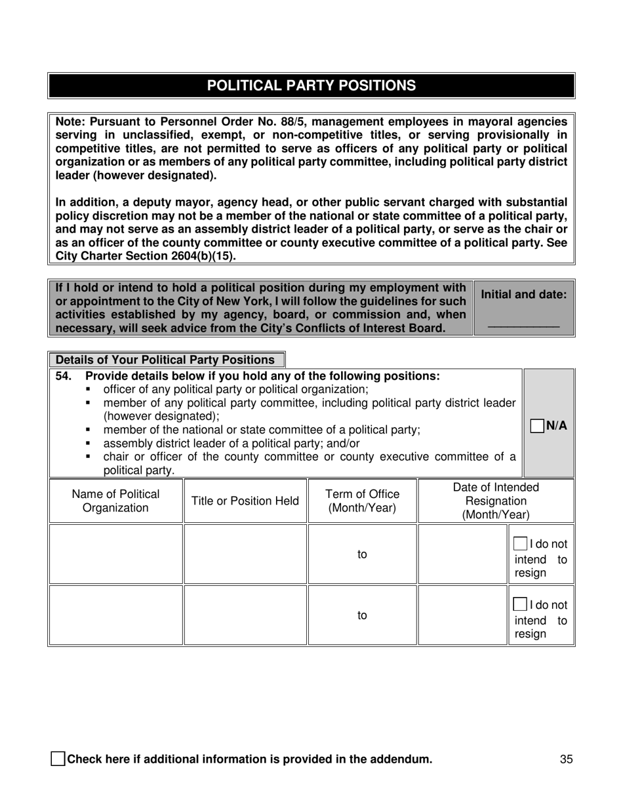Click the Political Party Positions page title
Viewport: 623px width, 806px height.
point(311,86)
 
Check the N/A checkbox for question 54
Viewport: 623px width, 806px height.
point(536,426)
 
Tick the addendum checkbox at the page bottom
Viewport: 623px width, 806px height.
point(58,759)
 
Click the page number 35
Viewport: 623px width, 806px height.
point(567,759)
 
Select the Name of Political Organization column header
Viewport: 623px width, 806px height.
point(115,501)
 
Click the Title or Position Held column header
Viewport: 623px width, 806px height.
point(245,501)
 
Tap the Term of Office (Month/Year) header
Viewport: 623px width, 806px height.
point(362,501)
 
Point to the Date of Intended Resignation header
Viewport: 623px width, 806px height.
point(496,501)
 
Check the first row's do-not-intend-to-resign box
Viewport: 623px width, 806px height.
point(519,544)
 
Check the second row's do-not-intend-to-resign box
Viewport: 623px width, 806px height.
point(519,605)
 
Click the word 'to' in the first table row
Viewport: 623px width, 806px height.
point(362,554)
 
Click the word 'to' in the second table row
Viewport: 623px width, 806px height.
point(362,615)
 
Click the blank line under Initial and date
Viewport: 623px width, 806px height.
point(523,326)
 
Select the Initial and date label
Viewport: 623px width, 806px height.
point(523,295)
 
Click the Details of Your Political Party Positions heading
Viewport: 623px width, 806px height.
point(165,360)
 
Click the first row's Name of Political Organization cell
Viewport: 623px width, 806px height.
point(115,554)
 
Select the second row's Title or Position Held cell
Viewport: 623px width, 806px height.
point(245,615)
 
